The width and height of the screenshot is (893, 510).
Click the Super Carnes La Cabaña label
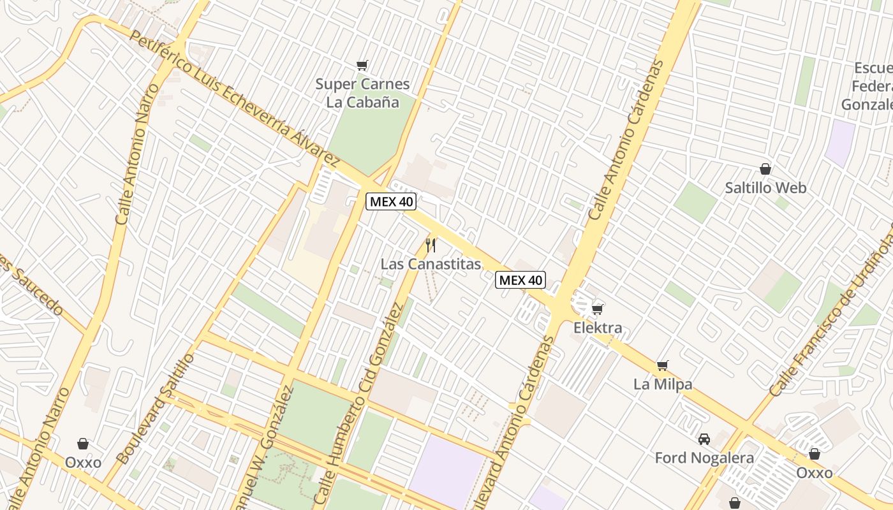(362, 92)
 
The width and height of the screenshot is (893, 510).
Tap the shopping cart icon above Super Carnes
(362, 64)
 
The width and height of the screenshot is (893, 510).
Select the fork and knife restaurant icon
(431, 245)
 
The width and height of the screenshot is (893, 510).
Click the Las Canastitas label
(431, 264)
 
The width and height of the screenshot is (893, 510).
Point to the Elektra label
(598, 328)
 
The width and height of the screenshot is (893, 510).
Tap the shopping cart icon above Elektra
(597, 309)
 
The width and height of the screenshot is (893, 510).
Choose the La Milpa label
(663, 384)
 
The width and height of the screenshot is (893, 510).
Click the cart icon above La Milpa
(663, 365)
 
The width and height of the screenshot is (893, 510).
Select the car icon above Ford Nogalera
(704, 439)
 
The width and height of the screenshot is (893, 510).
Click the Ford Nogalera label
(704, 458)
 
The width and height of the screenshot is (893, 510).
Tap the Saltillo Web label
(765, 188)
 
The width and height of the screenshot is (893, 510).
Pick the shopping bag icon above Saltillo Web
(765, 169)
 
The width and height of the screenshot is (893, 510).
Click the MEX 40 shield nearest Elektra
(520, 280)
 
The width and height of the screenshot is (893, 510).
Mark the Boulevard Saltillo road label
(156, 408)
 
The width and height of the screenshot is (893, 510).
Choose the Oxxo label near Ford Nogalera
(815, 473)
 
